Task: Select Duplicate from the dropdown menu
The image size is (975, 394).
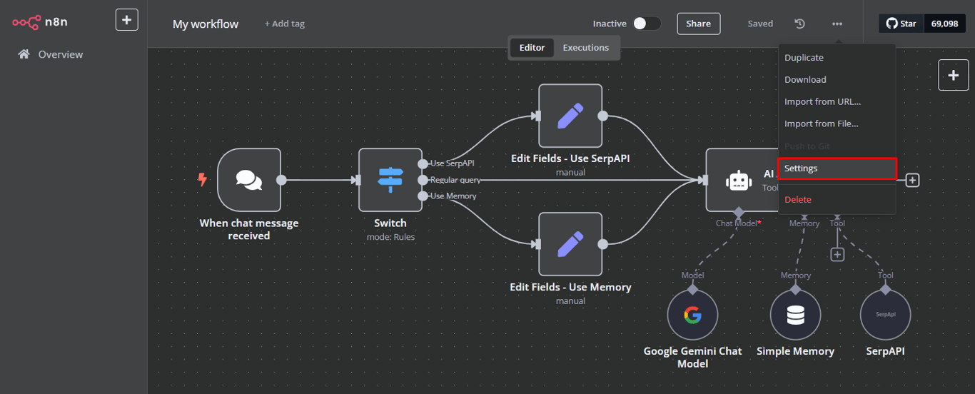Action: point(804,58)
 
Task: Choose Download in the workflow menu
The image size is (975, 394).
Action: point(805,80)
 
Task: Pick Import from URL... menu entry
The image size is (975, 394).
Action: point(822,101)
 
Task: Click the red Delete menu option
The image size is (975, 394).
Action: point(798,200)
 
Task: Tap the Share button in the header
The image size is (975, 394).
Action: point(698,24)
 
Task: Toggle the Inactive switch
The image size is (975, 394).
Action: point(646,24)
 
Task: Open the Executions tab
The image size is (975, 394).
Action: point(585,48)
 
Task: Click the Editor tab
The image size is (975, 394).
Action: point(532,48)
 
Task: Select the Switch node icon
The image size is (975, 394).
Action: point(390,180)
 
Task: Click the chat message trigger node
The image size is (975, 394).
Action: point(248,180)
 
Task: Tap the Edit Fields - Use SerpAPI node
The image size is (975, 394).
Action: point(570,116)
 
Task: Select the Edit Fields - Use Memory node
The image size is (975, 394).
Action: point(570,244)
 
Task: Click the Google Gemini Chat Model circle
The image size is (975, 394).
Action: point(692,315)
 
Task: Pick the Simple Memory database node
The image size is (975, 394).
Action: point(795,315)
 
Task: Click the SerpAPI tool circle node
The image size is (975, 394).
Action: point(885,315)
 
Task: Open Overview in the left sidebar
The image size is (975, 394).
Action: point(60,54)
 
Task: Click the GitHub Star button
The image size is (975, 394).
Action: point(901,24)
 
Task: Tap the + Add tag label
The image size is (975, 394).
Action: point(284,24)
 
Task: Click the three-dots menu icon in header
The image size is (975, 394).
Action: point(837,24)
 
